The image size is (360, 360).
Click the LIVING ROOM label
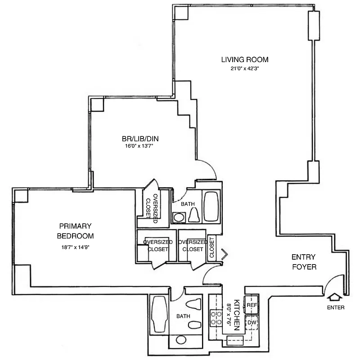point(245,59)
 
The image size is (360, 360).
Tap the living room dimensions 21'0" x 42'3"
point(245,69)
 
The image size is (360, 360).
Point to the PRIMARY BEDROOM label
point(75,231)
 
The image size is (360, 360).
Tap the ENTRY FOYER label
point(304,262)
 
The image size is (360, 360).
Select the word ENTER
point(336,308)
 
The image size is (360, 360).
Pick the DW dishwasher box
point(251,322)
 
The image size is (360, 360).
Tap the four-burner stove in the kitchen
point(216,318)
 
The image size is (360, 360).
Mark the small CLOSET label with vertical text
point(211,248)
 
